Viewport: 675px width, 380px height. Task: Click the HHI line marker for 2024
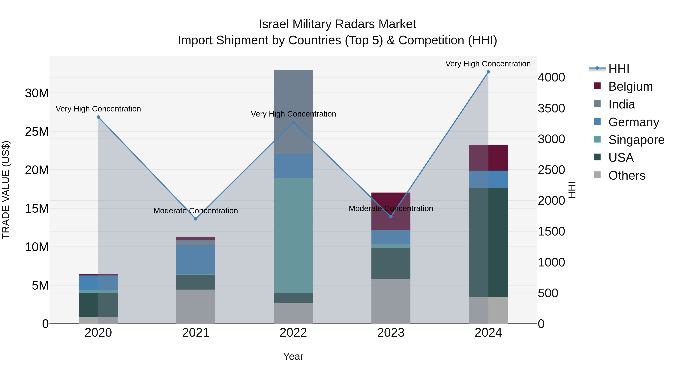[x=488, y=72]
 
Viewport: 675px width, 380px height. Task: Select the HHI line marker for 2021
[x=196, y=219]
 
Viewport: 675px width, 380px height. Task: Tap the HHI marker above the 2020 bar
[x=98, y=117]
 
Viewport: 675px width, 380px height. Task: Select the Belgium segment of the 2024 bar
[x=488, y=158]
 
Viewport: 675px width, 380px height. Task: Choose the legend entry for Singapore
[x=636, y=140]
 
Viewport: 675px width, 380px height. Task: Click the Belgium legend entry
[x=630, y=87]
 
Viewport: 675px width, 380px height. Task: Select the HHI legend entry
[x=618, y=69]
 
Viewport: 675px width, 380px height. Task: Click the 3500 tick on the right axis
[x=551, y=108]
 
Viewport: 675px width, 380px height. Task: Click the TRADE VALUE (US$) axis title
[x=6, y=190]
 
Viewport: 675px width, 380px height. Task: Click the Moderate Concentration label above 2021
[x=196, y=211]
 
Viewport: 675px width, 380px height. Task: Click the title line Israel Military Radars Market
[x=337, y=24]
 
